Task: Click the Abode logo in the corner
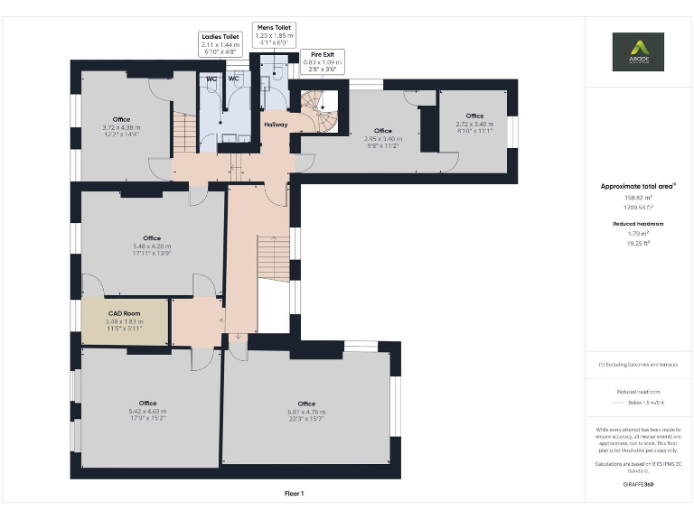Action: [638, 51]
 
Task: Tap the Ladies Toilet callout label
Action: [220, 44]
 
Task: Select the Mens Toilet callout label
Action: [272, 35]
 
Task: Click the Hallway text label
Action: [276, 125]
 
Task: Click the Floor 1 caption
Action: [295, 493]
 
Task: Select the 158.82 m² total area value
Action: [638, 197]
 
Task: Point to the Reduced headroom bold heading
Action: [638, 223]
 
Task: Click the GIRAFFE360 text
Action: [638, 485]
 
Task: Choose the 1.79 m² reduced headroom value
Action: [638, 233]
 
